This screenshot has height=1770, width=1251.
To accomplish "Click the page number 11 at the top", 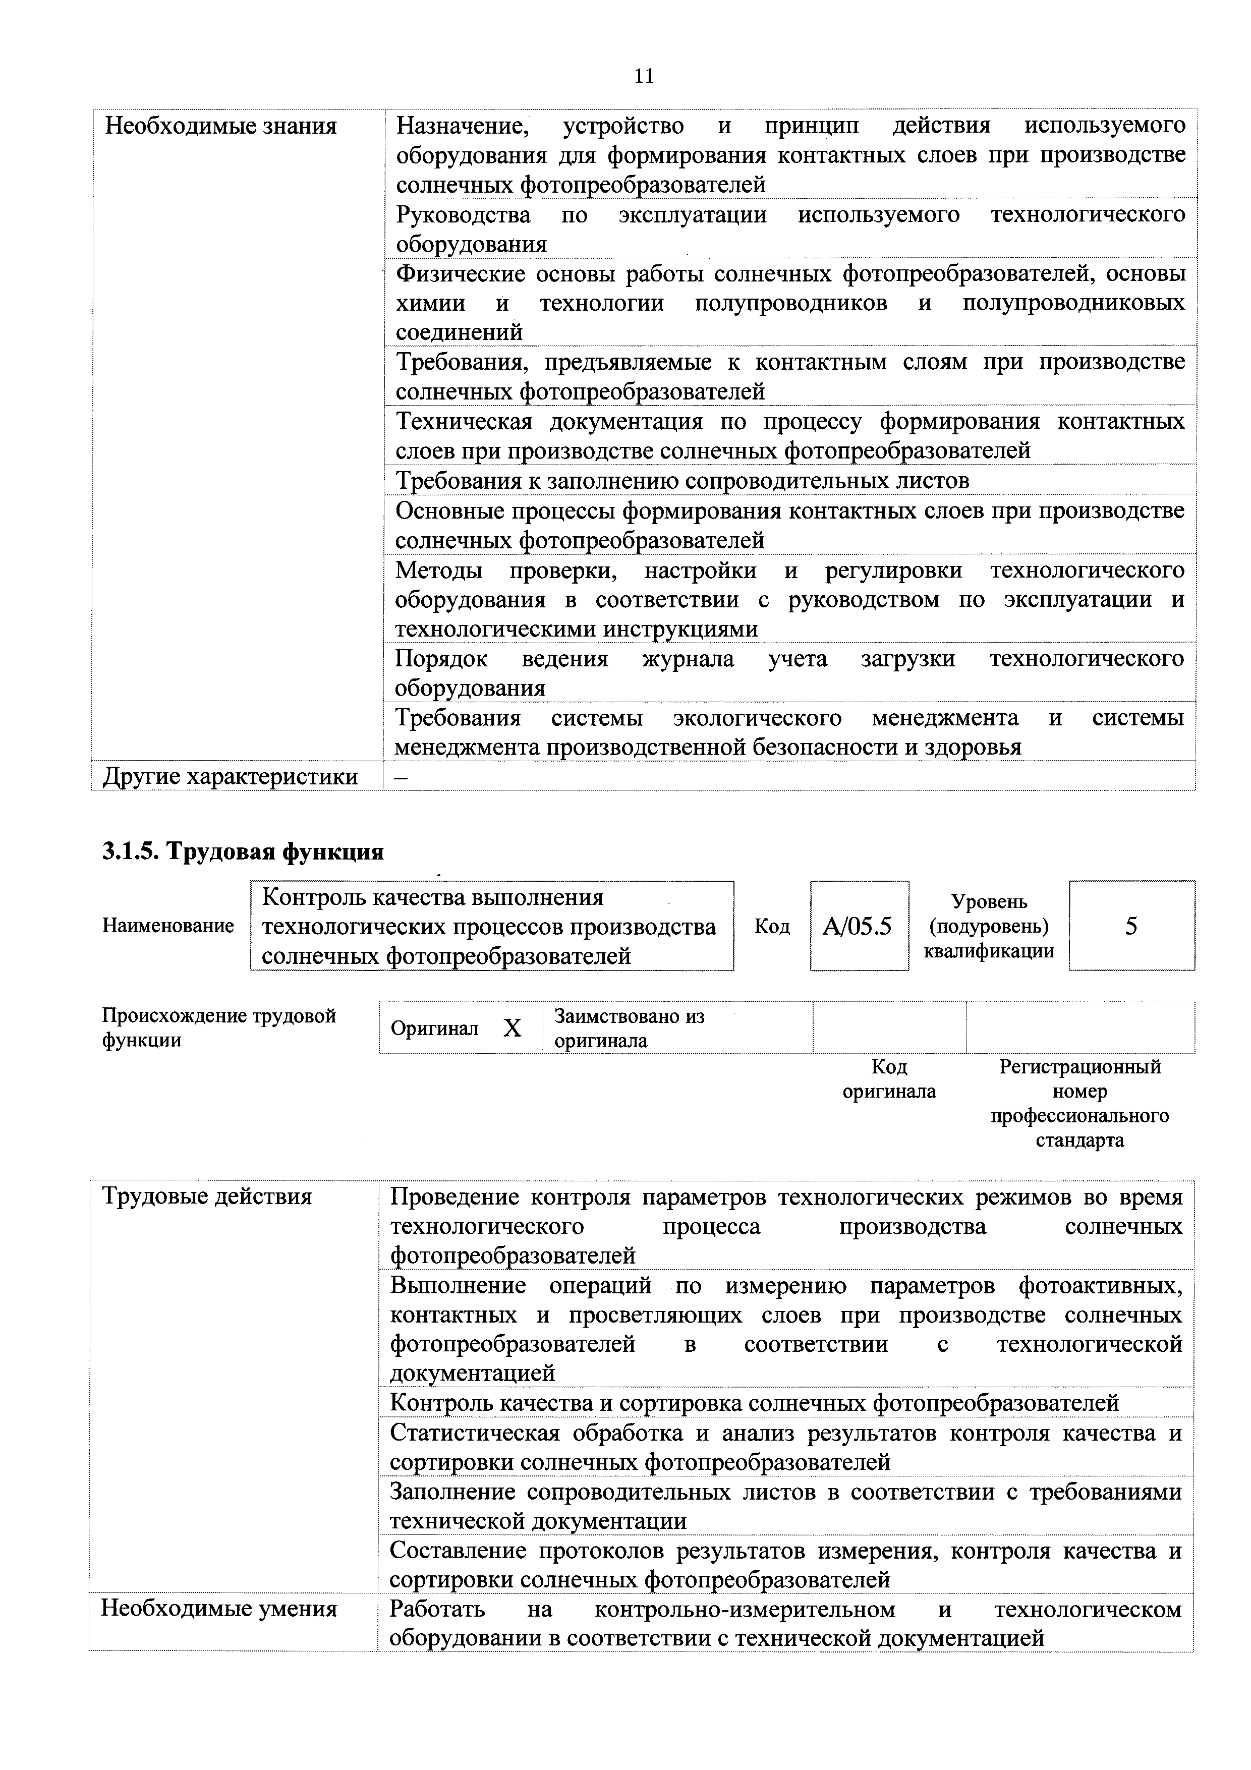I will coord(644,76).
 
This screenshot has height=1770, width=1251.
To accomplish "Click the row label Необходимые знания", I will coord(220,126).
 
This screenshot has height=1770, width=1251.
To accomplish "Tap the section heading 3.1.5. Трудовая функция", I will coord(243,852).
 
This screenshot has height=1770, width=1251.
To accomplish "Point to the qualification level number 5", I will coord(1131,926).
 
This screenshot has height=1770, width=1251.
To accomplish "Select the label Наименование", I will coord(168,926).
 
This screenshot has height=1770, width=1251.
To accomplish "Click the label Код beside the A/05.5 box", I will coord(772,926).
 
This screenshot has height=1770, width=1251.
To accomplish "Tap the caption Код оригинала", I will coord(889,1079).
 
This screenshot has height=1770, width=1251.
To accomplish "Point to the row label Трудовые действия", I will coord(207,1196).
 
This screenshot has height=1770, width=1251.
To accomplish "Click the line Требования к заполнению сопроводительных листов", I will coord(682,481).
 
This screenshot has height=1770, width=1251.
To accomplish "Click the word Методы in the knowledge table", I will coord(438,570).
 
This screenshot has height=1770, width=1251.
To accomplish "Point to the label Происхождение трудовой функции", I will coord(219,1027).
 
